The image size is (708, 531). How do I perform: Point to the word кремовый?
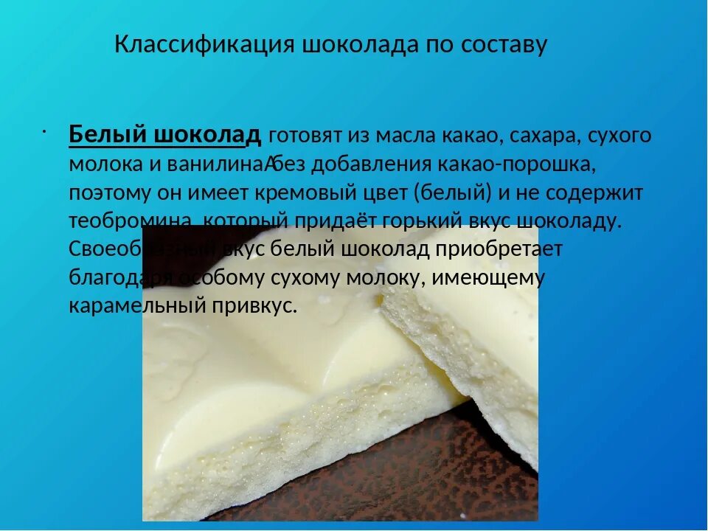pos(296,193)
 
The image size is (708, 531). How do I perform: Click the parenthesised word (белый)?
pos(453,193)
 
